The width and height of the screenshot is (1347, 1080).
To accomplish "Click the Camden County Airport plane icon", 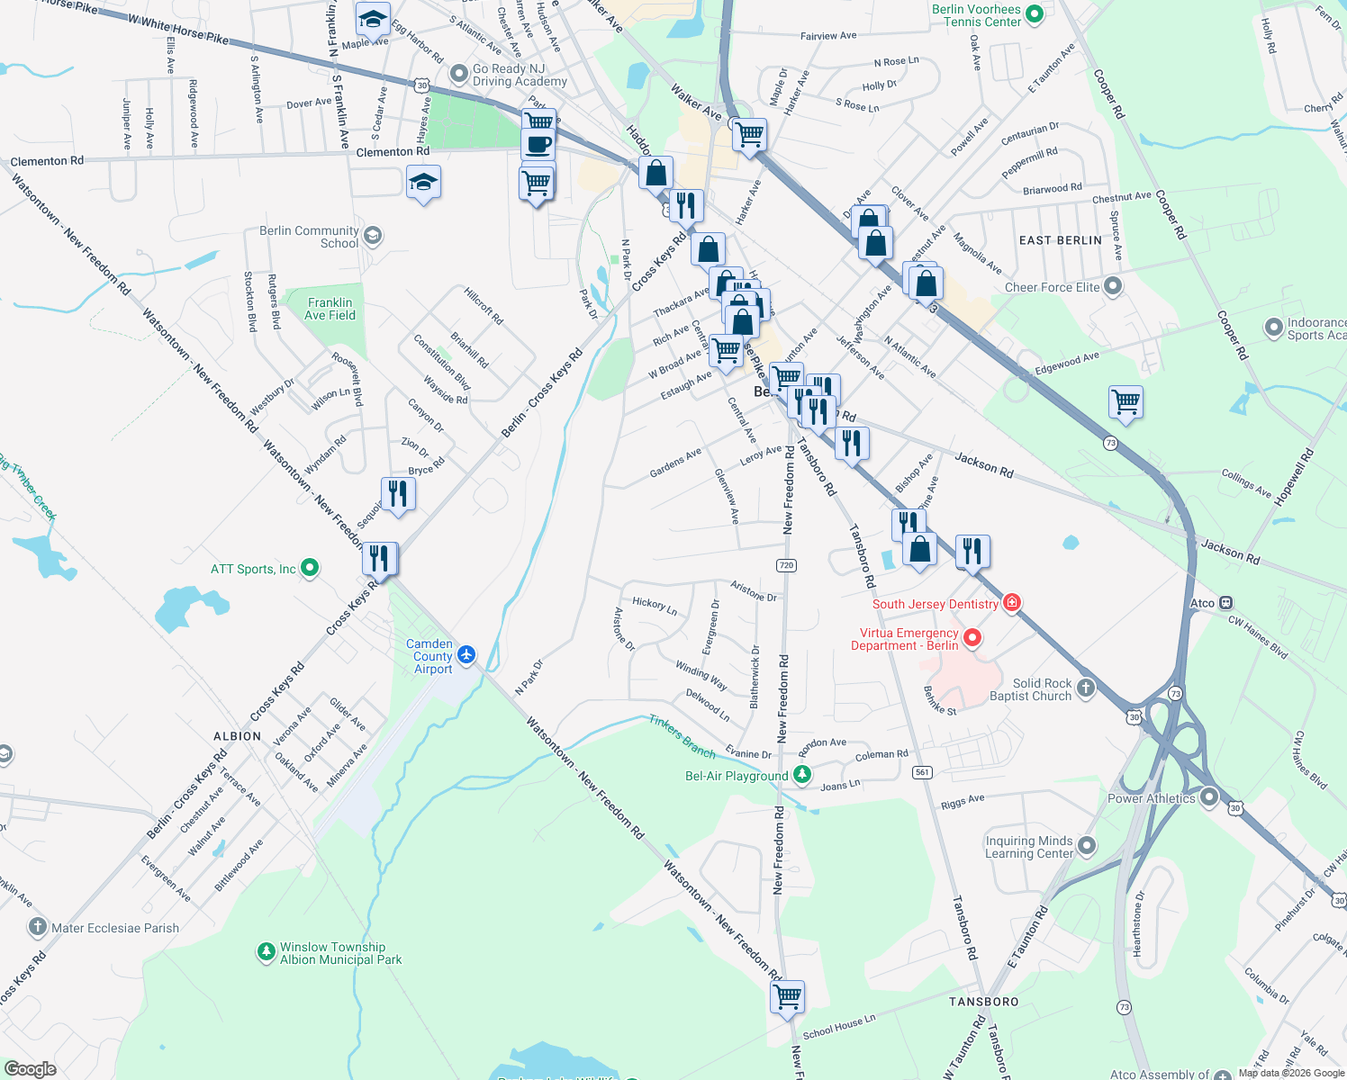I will [x=466, y=654].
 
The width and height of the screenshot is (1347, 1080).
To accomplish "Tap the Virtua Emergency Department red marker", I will [x=972, y=638].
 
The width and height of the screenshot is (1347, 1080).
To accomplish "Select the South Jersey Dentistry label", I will [x=935, y=604].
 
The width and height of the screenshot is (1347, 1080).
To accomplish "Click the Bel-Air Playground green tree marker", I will [x=801, y=774].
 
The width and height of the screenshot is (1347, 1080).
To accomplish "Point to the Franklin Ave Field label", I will [x=330, y=309].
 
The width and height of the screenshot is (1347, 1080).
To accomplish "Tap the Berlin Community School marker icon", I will [x=373, y=236].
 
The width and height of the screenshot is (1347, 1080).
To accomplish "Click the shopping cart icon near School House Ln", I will [x=788, y=996].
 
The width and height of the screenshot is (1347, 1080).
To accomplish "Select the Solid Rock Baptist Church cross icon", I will [x=1086, y=688].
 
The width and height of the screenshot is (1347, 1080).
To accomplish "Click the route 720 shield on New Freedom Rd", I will [x=786, y=565].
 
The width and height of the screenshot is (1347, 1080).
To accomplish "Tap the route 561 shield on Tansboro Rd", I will [x=922, y=772].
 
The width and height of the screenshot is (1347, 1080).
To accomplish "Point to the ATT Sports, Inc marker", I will [x=310, y=568].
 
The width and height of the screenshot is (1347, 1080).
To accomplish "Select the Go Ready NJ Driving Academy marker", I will [x=459, y=72].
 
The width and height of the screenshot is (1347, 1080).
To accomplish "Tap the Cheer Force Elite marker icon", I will [x=1113, y=286].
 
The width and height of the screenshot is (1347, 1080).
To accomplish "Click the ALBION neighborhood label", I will [x=237, y=736].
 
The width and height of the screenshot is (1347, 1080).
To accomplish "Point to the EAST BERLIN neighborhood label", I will [x=1060, y=240].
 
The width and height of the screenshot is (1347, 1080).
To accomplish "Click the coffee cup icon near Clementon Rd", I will [x=538, y=144].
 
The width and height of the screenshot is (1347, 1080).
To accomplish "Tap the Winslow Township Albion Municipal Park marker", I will [x=266, y=951].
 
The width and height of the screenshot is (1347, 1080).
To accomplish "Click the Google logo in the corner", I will [x=30, y=1068].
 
